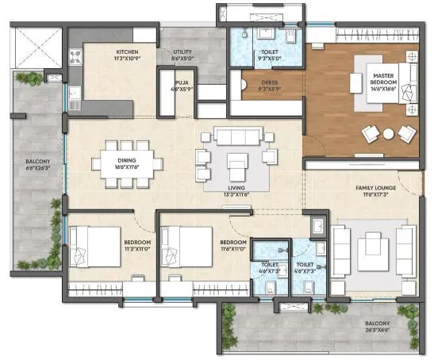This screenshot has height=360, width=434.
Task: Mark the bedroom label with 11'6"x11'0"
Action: point(233,246)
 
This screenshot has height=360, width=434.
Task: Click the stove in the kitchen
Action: point(78,56)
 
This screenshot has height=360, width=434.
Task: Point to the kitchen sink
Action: point(74,94)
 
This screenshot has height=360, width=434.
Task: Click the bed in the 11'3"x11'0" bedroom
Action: point(86,246)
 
